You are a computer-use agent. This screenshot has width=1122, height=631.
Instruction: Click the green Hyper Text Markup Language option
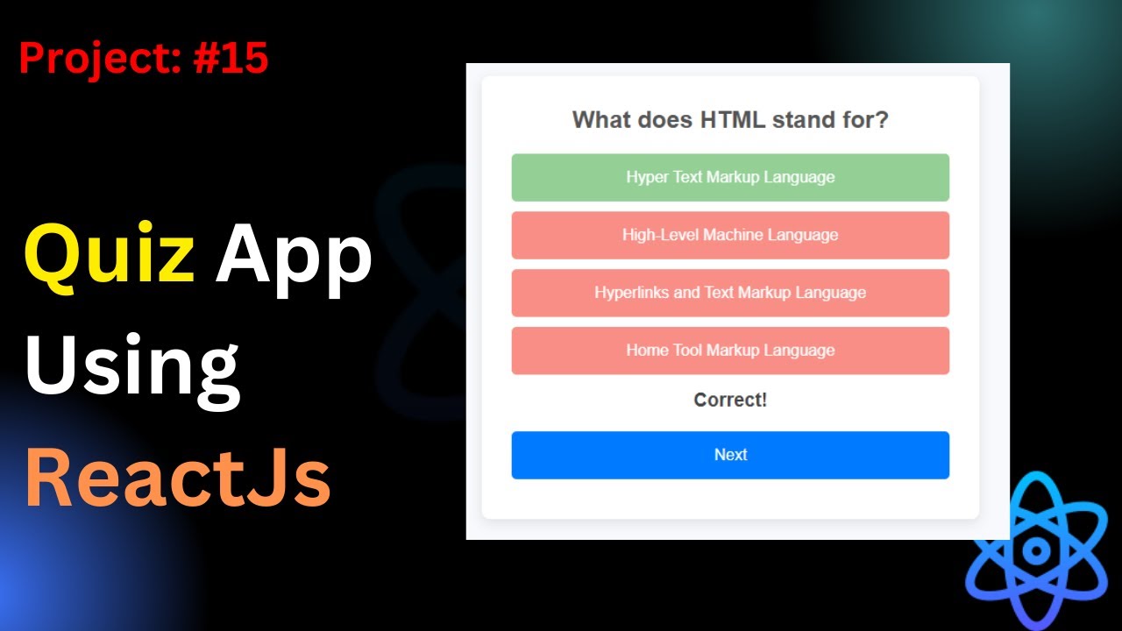coord(730,177)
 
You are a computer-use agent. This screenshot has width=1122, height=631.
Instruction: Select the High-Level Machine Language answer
coord(730,235)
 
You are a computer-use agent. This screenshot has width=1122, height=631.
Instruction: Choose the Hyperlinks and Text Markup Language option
coord(730,293)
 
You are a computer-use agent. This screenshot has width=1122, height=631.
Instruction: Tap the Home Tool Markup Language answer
coord(730,351)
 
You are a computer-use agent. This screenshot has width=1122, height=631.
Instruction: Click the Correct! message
coord(730,401)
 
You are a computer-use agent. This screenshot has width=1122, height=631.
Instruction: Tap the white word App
coord(294,259)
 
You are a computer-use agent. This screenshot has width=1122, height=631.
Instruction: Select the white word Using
coord(131,368)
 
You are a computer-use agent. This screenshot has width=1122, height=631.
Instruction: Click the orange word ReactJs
coord(178,478)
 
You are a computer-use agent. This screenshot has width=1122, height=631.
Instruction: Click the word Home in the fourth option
coord(645,351)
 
